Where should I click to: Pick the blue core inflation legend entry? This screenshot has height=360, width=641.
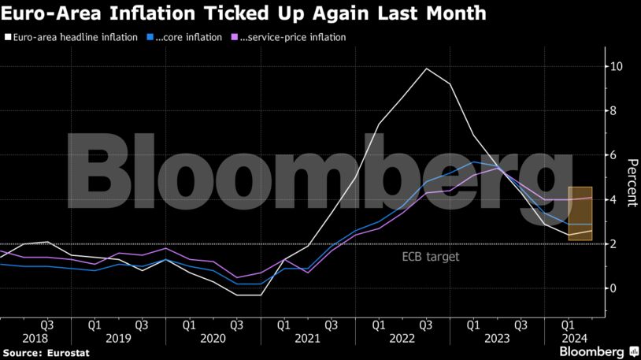coord(185,37)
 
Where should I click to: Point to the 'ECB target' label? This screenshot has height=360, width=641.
coord(430,257)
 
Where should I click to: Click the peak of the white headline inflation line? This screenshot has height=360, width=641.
coord(426,69)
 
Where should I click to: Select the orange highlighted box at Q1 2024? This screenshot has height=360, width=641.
coord(580,213)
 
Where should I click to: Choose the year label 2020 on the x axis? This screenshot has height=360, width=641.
coord(213,337)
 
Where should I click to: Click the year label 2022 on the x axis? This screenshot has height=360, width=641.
coord(402,337)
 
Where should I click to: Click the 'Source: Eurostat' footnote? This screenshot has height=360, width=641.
coord(45,353)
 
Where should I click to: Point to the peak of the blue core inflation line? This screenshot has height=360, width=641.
coord(474,161)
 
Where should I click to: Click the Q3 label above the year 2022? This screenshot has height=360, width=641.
coord(426,324)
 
